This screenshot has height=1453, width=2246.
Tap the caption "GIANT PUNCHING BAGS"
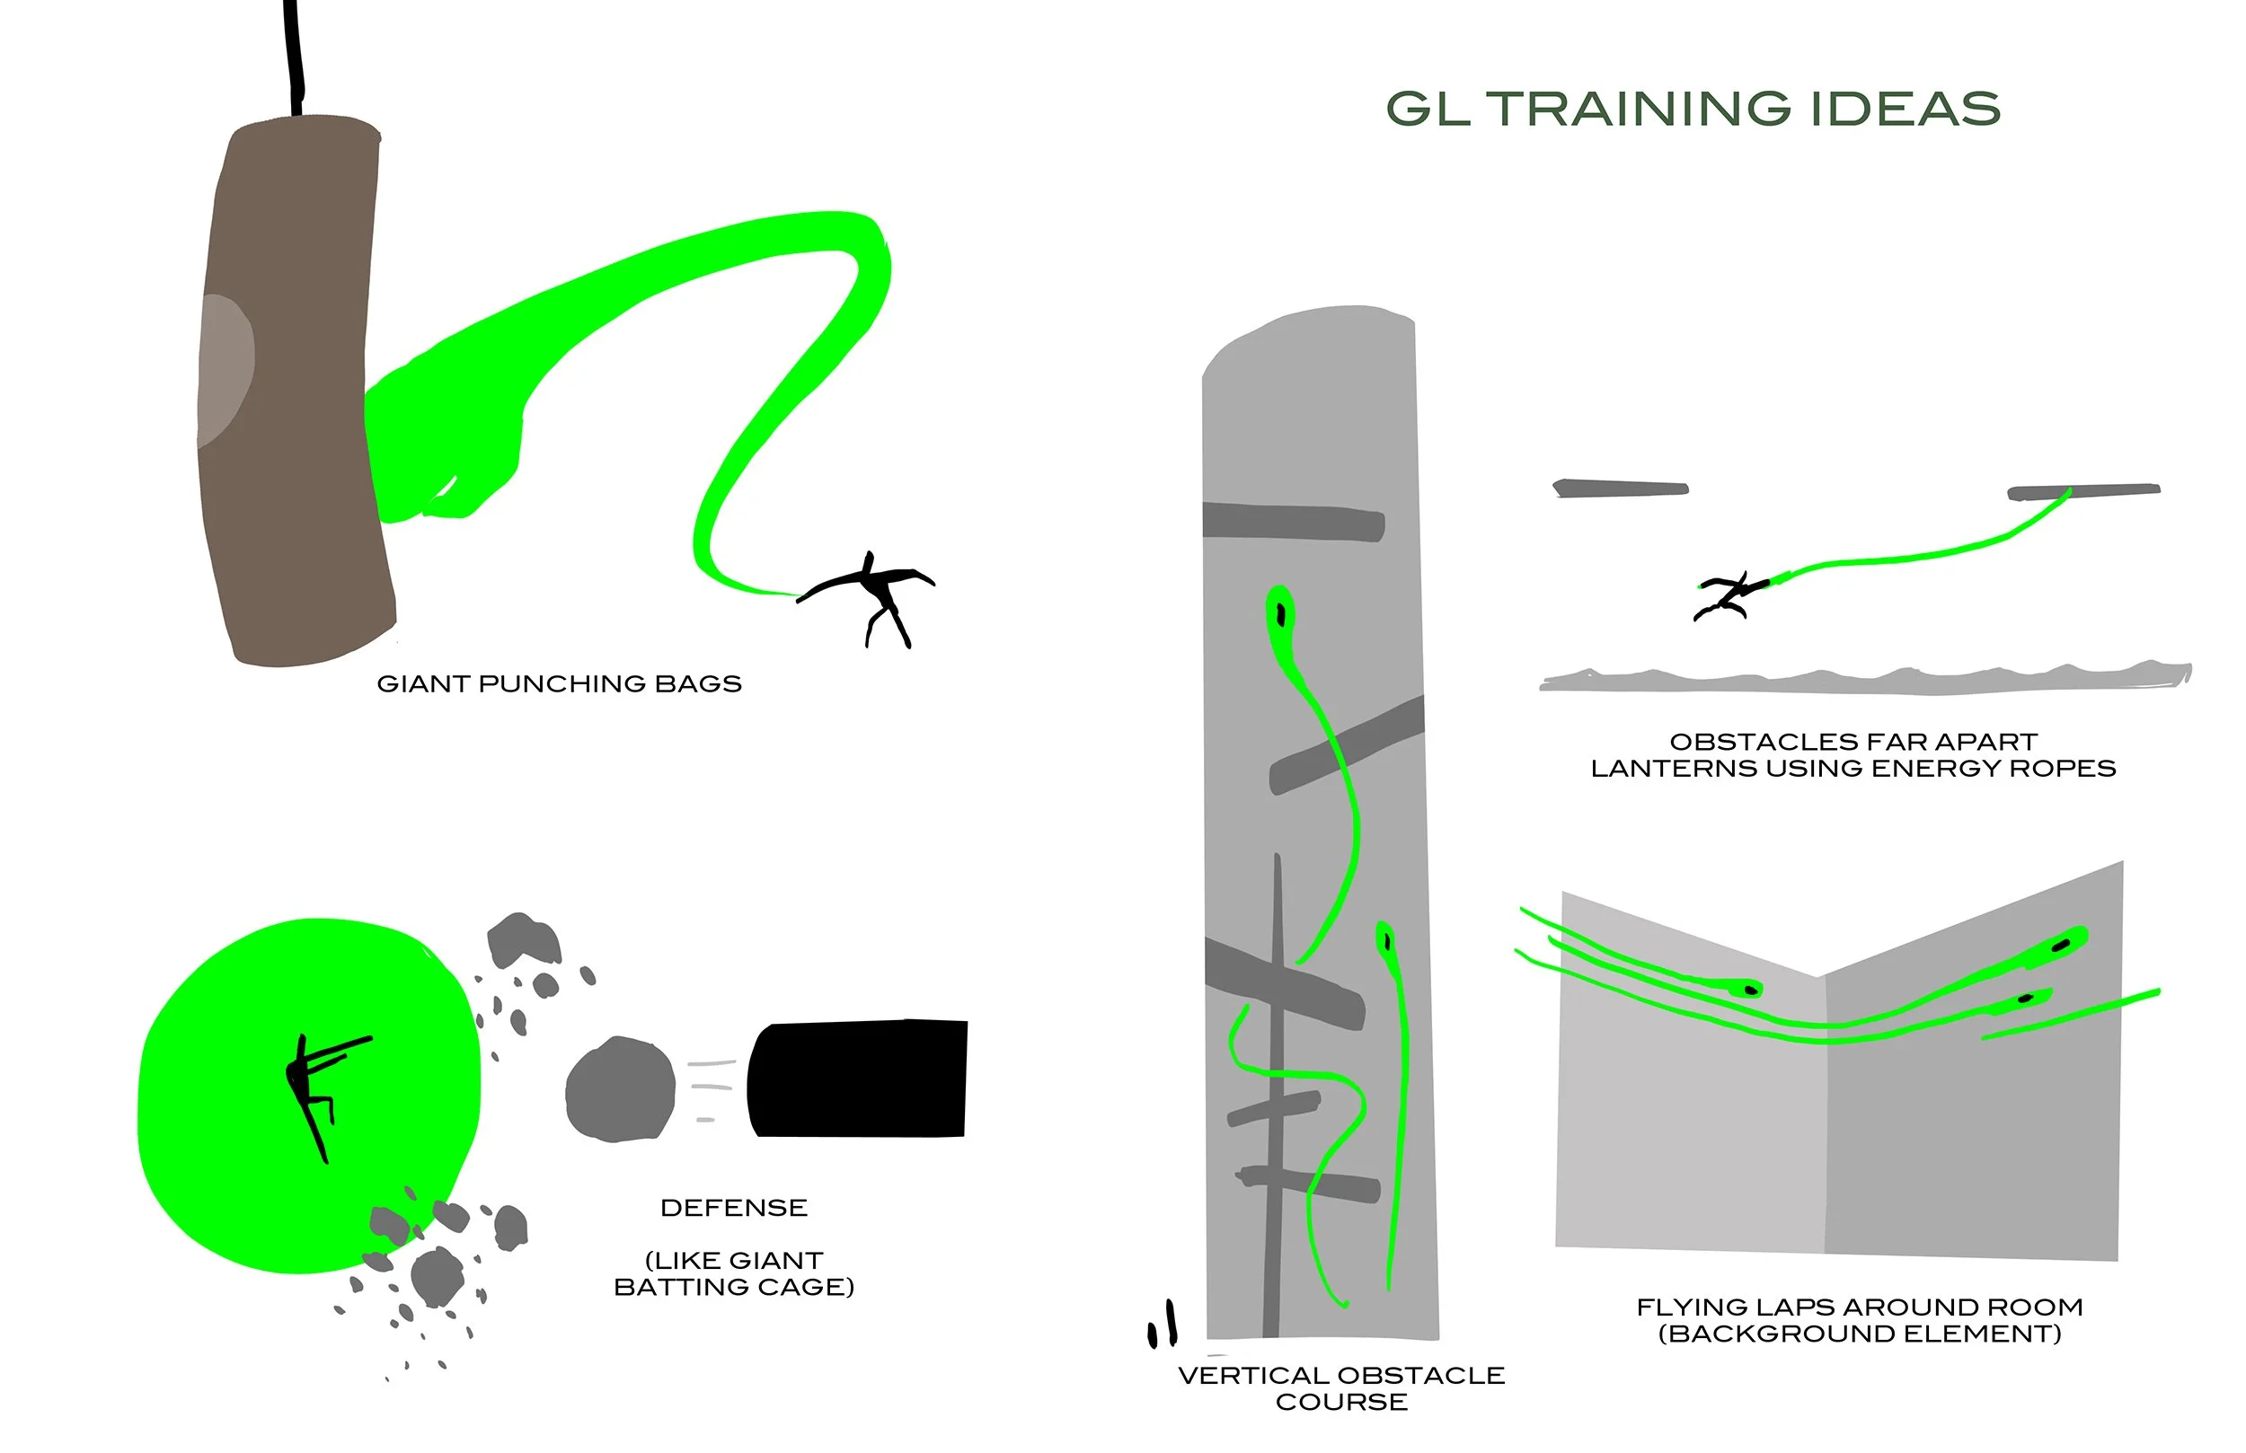(559, 684)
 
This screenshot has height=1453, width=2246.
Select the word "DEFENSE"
(733, 1208)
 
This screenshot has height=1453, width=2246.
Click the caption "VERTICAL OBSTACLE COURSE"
(1341, 1388)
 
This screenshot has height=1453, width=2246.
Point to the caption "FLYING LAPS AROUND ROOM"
(1859, 1307)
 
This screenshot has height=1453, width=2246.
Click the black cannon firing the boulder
(857, 1078)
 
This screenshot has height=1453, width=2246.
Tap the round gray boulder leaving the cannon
(620, 1090)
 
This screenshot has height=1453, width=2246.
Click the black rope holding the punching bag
(295, 57)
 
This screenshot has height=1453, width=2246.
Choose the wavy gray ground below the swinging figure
(1864, 679)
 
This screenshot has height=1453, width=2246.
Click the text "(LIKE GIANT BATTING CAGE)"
(733, 1273)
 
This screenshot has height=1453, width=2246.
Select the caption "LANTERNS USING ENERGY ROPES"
(1853, 768)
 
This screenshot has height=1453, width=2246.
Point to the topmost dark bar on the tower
(1294, 522)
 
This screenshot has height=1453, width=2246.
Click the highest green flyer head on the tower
(1280, 612)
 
